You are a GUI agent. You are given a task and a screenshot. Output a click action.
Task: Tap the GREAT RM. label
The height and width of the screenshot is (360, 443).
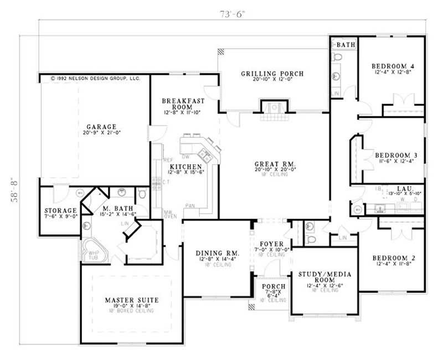click(x=275, y=164)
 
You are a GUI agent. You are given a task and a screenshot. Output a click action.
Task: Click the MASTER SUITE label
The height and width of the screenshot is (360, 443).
click(x=131, y=300)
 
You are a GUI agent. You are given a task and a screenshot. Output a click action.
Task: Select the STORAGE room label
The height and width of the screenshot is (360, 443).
click(x=60, y=211)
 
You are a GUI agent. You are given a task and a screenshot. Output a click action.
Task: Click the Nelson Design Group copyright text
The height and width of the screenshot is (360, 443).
click(x=95, y=79)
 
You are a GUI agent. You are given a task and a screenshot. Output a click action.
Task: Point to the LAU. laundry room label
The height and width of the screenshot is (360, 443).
click(x=394, y=188)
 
